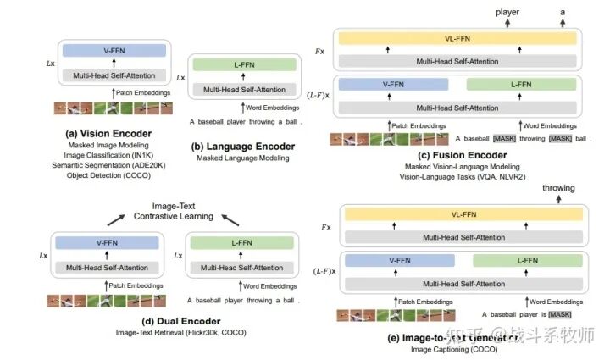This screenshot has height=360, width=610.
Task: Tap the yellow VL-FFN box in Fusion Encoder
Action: pos(457,39)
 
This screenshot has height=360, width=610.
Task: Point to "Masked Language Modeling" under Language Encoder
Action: pos(240,158)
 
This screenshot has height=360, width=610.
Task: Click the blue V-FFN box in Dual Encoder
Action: pos(107,243)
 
